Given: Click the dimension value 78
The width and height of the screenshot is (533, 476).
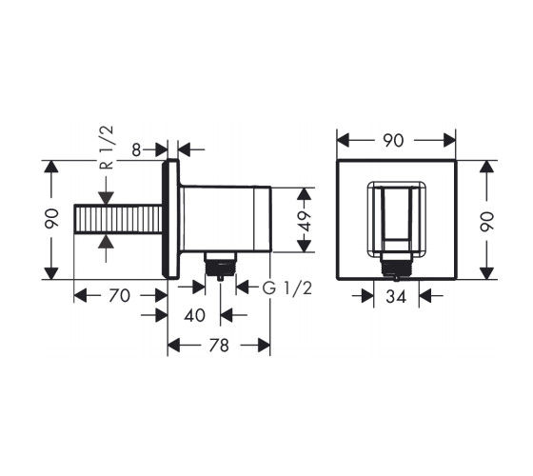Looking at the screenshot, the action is point(219,346).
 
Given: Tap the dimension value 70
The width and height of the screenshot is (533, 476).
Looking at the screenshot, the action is point(119,295).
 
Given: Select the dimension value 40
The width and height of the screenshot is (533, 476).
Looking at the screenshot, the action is point(194,315).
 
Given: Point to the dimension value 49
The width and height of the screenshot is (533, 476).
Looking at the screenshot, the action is point(305,221).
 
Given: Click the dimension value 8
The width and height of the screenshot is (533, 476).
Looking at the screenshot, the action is point(136,150).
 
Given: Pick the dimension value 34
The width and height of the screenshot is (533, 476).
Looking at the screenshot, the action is point(396,297).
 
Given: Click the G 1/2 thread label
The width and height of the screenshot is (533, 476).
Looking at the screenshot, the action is point(286,288).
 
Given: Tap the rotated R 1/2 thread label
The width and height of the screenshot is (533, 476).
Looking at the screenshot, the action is point(107,148).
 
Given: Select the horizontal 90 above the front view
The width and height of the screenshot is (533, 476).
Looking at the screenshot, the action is point(393,141).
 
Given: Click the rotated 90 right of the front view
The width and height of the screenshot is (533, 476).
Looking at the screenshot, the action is point(486,222).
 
